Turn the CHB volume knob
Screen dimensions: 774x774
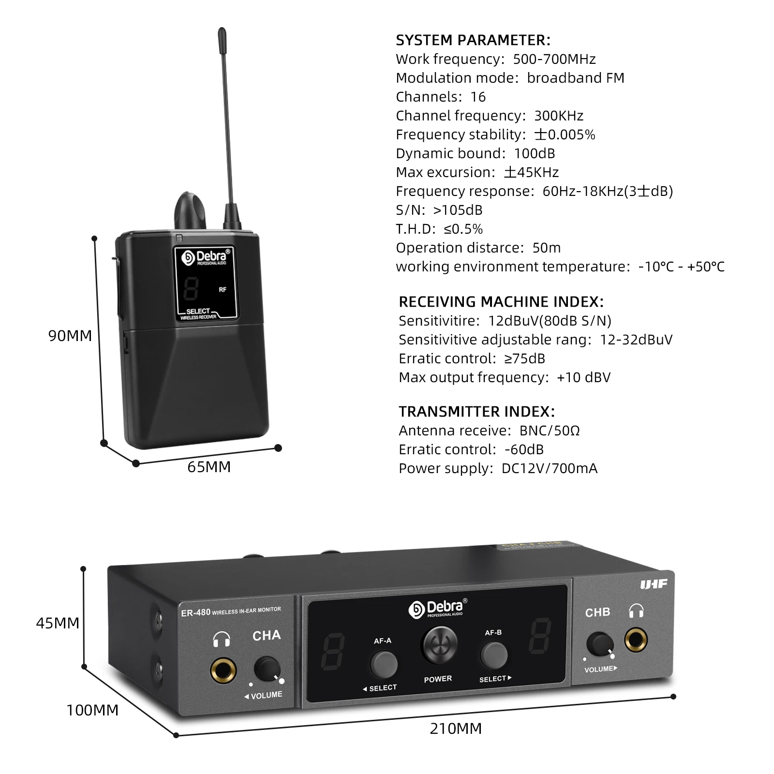[600, 644]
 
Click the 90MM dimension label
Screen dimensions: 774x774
[70, 336]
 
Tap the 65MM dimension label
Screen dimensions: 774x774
[209, 467]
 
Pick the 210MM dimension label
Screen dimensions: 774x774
[456, 729]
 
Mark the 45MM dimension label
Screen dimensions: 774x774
[58, 623]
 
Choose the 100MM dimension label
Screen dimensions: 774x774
[92, 710]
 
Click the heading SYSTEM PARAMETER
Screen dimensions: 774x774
[473, 40]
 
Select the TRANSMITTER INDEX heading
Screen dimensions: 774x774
[476, 412]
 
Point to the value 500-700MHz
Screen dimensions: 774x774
[554, 59]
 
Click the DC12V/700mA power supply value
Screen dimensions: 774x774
[549, 468]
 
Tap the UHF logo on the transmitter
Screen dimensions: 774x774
[654, 584]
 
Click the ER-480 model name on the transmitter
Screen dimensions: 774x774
[195, 612]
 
